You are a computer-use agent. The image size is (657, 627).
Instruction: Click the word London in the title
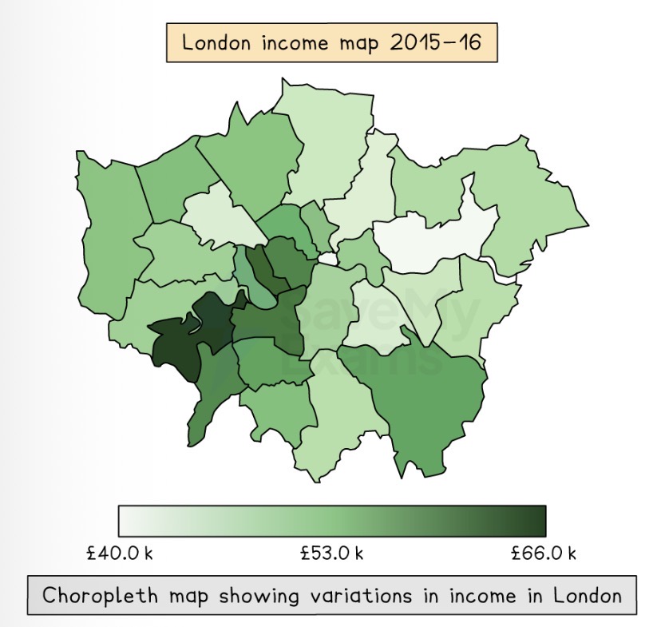213,42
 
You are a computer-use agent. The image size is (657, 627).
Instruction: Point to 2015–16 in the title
437,42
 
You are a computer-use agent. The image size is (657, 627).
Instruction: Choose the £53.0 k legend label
331,554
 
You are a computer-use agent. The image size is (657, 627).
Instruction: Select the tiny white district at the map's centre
327,259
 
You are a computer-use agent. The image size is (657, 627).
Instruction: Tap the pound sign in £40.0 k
91,554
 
